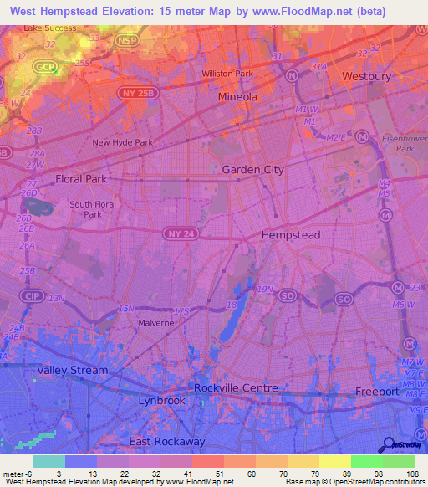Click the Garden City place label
tap(252, 169)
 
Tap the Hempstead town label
tap(291, 236)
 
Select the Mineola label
tap(237, 97)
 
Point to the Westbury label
tap(366, 76)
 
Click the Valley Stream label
tap(71, 370)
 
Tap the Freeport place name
tap(377, 391)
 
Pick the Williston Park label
tap(227, 74)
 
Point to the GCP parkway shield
tap(43, 65)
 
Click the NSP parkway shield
tap(125, 39)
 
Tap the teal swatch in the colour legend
tap(48, 461)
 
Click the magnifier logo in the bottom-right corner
tap(390, 446)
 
